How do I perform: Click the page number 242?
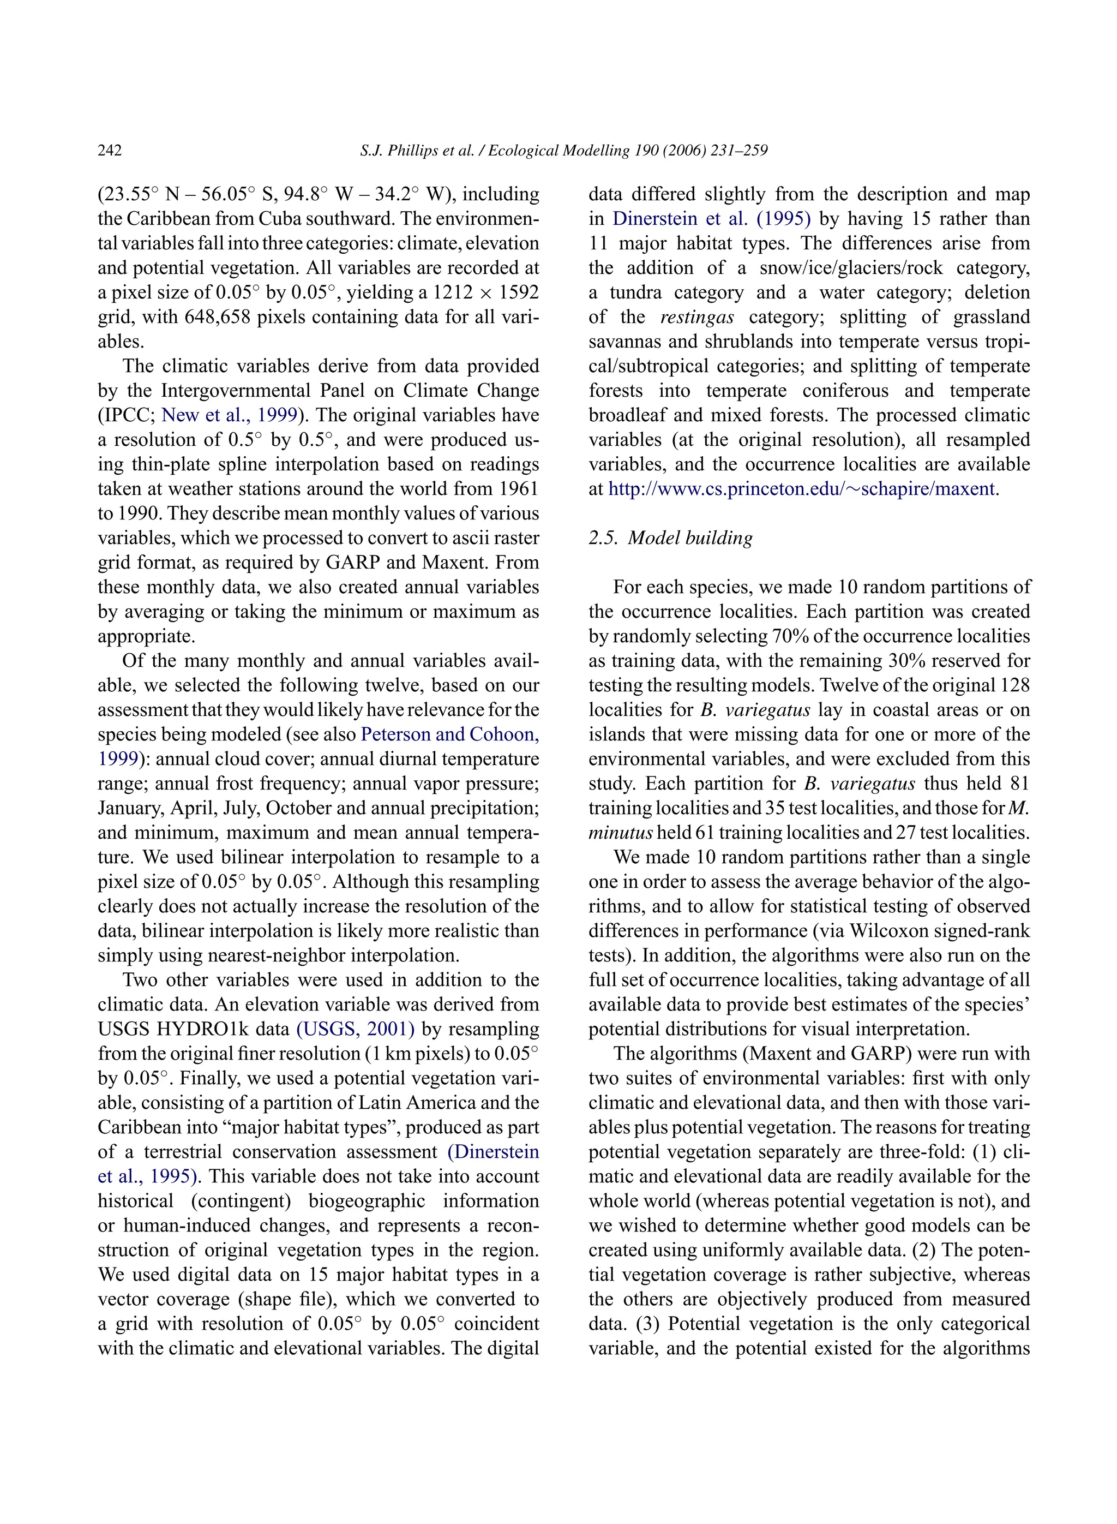click(x=110, y=150)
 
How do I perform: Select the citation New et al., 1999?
click(x=229, y=415)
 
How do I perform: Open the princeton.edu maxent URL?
click(x=802, y=488)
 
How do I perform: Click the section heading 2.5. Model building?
click(x=670, y=538)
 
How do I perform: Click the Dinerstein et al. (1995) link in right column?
click(x=711, y=218)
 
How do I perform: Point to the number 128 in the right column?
click(x=1015, y=685)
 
